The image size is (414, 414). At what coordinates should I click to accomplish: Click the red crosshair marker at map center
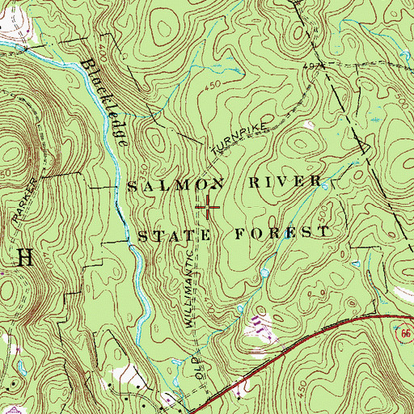tap(207, 208)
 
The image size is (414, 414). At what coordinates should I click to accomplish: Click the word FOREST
tap(282, 233)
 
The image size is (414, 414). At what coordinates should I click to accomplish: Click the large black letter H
tap(24, 259)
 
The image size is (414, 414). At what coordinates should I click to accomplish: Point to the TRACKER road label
tap(24, 201)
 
